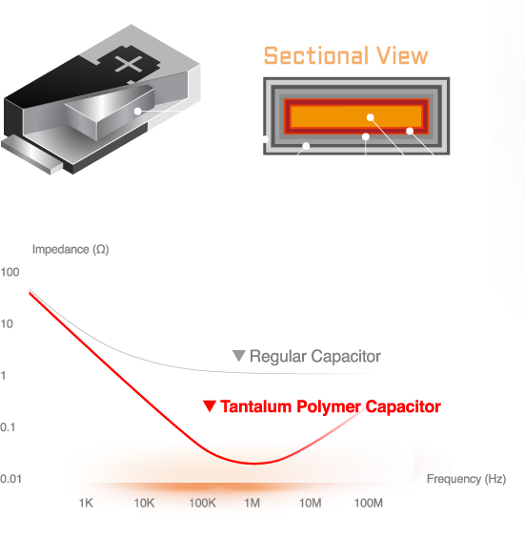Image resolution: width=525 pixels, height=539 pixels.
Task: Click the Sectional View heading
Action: coord(346,55)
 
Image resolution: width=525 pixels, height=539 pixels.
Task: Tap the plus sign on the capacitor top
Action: coord(129,64)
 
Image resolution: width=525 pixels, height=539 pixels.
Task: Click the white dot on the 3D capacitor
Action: coord(138,111)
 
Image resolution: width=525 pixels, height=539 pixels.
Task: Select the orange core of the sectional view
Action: coord(355,116)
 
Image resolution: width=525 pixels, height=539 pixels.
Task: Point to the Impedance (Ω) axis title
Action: coord(71,249)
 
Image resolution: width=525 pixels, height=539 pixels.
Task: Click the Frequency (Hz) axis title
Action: coord(466,479)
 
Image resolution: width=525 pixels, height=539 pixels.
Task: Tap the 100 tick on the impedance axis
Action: coord(10,272)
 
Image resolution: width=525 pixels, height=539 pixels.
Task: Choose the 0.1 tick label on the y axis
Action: coord(8,427)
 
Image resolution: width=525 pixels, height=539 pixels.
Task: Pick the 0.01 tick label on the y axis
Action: coord(10,479)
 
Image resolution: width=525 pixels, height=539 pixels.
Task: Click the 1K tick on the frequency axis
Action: coord(86,503)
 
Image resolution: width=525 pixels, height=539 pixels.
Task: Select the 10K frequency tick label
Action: coord(144,503)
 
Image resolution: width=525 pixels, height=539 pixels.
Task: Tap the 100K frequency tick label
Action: coord(203,503)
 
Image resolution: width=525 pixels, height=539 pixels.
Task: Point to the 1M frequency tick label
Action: coord(252,503)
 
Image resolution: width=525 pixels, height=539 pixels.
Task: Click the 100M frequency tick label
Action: coord(368,503)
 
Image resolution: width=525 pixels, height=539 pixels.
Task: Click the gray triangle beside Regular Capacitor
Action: coord(238,356)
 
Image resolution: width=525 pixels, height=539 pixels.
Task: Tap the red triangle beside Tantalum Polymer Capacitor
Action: coord(210,406)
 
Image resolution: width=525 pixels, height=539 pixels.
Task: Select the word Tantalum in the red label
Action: coord(255,406)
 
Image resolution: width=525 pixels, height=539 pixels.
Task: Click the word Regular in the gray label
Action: coord(278,357)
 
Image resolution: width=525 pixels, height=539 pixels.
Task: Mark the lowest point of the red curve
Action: coord(254,464)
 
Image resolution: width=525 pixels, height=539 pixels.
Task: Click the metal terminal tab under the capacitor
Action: coord(31,155)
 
